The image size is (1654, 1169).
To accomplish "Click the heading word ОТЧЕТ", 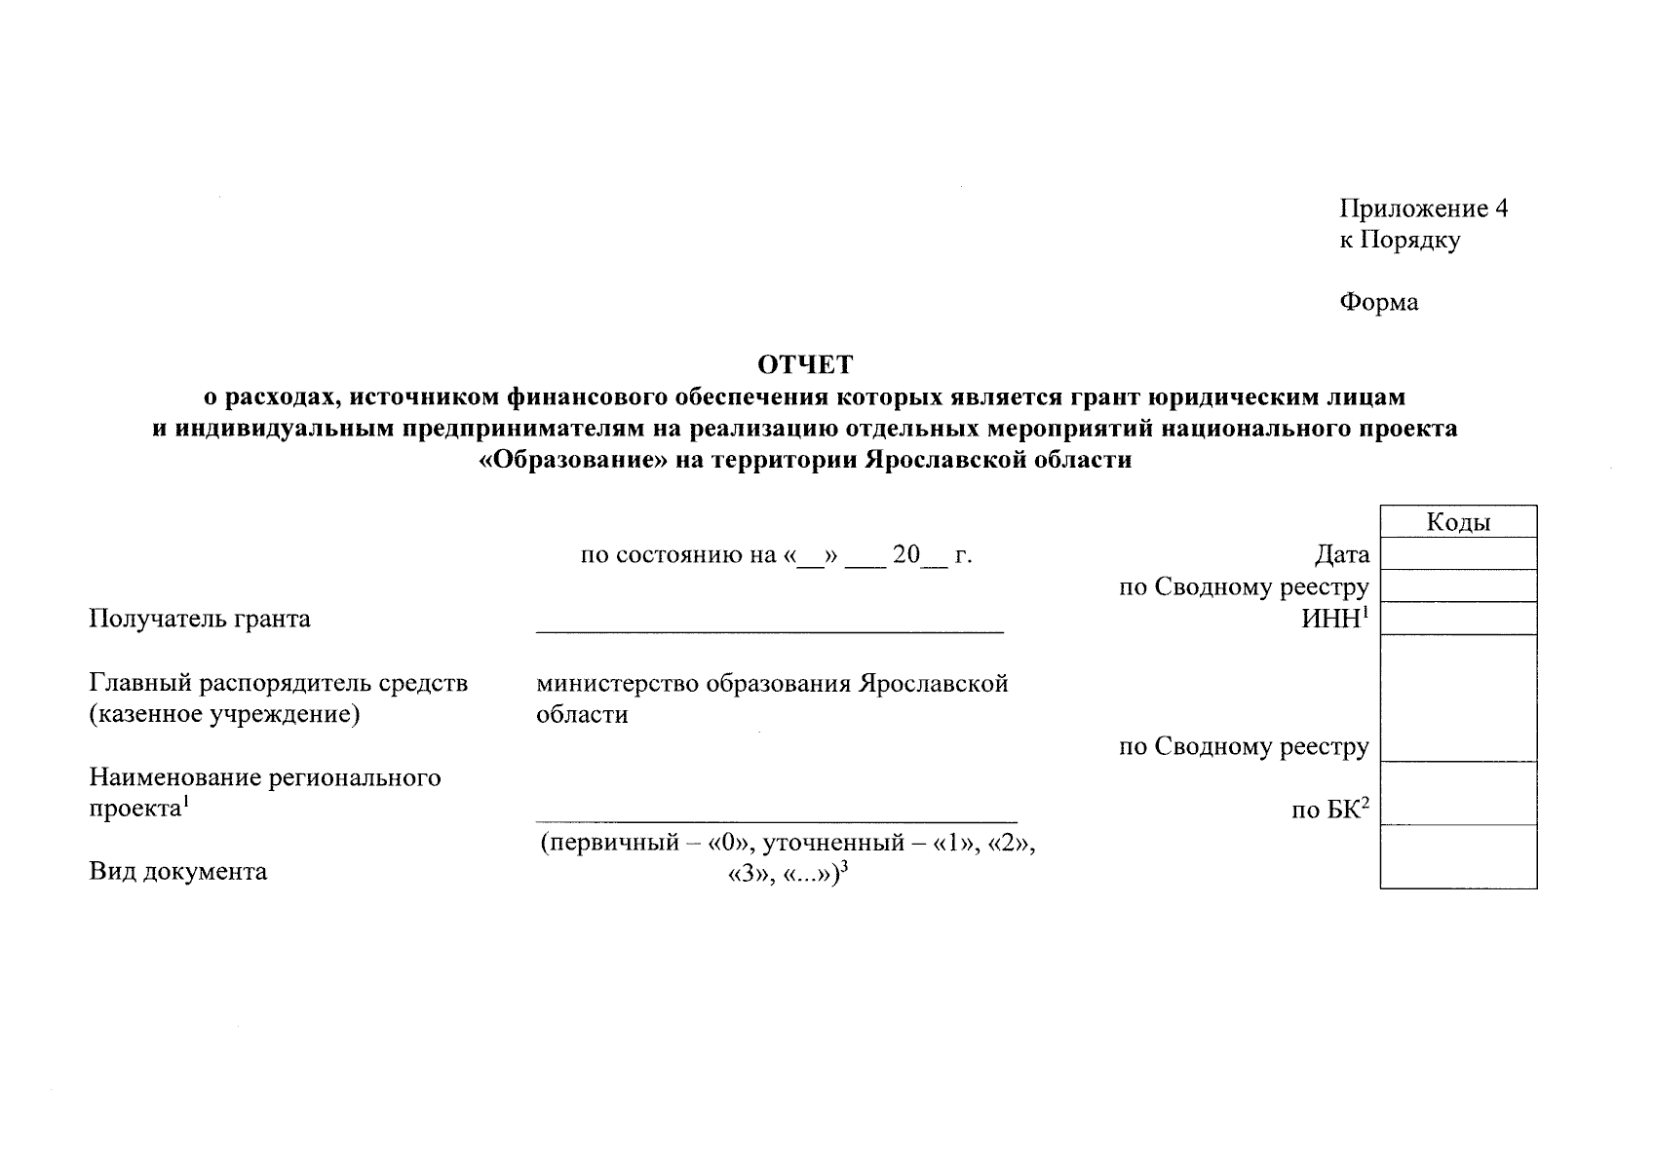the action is click(x=805, y=365).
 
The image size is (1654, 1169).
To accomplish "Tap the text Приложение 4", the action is click(x=1423, y=208).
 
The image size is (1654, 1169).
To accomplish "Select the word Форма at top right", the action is click(x=1378, y=302).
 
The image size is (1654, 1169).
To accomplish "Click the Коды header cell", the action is click(x=1458, y=522).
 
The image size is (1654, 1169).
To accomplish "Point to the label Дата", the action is click(x=1341, y=555).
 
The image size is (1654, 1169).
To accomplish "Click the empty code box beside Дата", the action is click(x=1458, y=554).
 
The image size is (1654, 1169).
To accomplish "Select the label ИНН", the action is click(x=1331, y=619).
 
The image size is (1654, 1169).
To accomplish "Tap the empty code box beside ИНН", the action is click(x=1458, y=619).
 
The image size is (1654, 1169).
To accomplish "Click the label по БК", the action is click(x=1328, y=810).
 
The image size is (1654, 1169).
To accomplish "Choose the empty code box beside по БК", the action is click(x=1458, y=794).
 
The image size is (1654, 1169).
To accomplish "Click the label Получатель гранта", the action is click(x=200, y=619).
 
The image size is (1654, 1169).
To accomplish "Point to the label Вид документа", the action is click(x=178, y=871).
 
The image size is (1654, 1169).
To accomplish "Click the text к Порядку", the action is click(x=1400, y=240).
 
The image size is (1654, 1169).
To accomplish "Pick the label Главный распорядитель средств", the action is click(x=279, y=683).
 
